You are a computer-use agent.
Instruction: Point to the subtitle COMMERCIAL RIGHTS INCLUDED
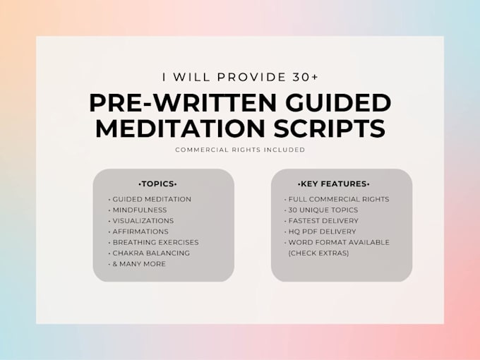[x=240, y=150]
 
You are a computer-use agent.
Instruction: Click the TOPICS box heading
[x=157, y=184]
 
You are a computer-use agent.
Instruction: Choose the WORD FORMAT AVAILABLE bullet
[x=337, y=242]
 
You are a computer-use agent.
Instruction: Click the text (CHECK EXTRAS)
[x=318, y=253]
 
